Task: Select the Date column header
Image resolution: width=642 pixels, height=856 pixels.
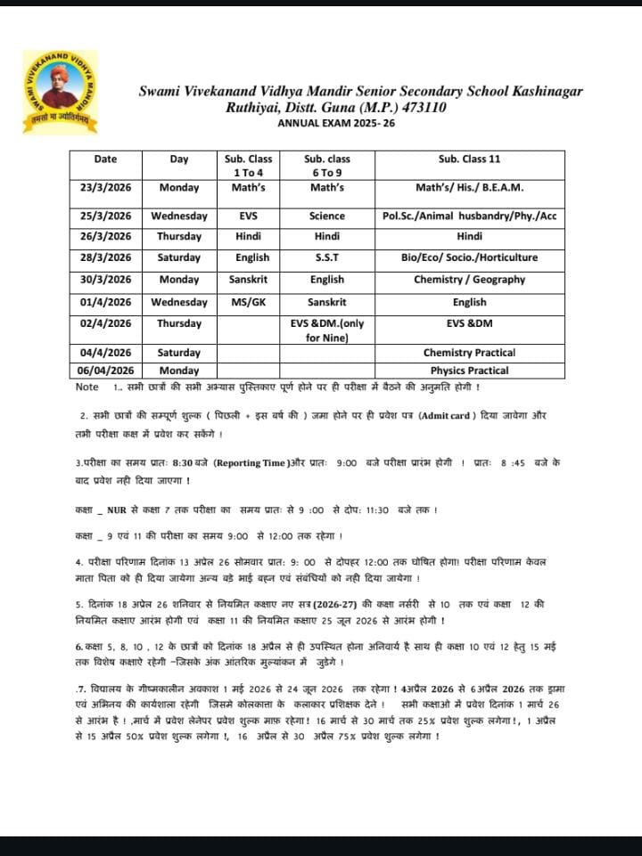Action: point(105,159)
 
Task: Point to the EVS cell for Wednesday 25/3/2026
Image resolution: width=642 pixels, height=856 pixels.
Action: point(248,216)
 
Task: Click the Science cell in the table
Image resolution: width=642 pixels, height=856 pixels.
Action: point(326,216)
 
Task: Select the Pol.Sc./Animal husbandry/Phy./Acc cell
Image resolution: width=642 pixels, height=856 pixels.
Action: point(469,216)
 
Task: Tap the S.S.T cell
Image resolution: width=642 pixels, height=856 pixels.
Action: point(326,257)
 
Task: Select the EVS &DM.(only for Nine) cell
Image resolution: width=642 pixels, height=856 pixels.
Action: point(326,330)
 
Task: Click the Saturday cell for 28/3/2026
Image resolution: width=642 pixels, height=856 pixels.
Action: point(179,257)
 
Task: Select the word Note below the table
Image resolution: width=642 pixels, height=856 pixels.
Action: point(87,387)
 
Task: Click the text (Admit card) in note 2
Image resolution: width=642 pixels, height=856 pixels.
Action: point(449,416)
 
